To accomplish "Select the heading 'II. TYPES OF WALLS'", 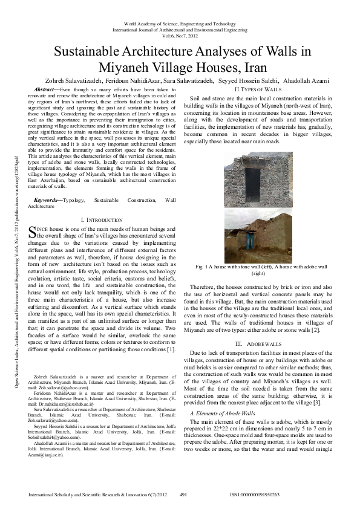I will coord(255,89).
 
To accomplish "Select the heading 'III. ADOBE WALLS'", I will coord(255,343).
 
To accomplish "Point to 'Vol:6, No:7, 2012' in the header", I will coord(180,35).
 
